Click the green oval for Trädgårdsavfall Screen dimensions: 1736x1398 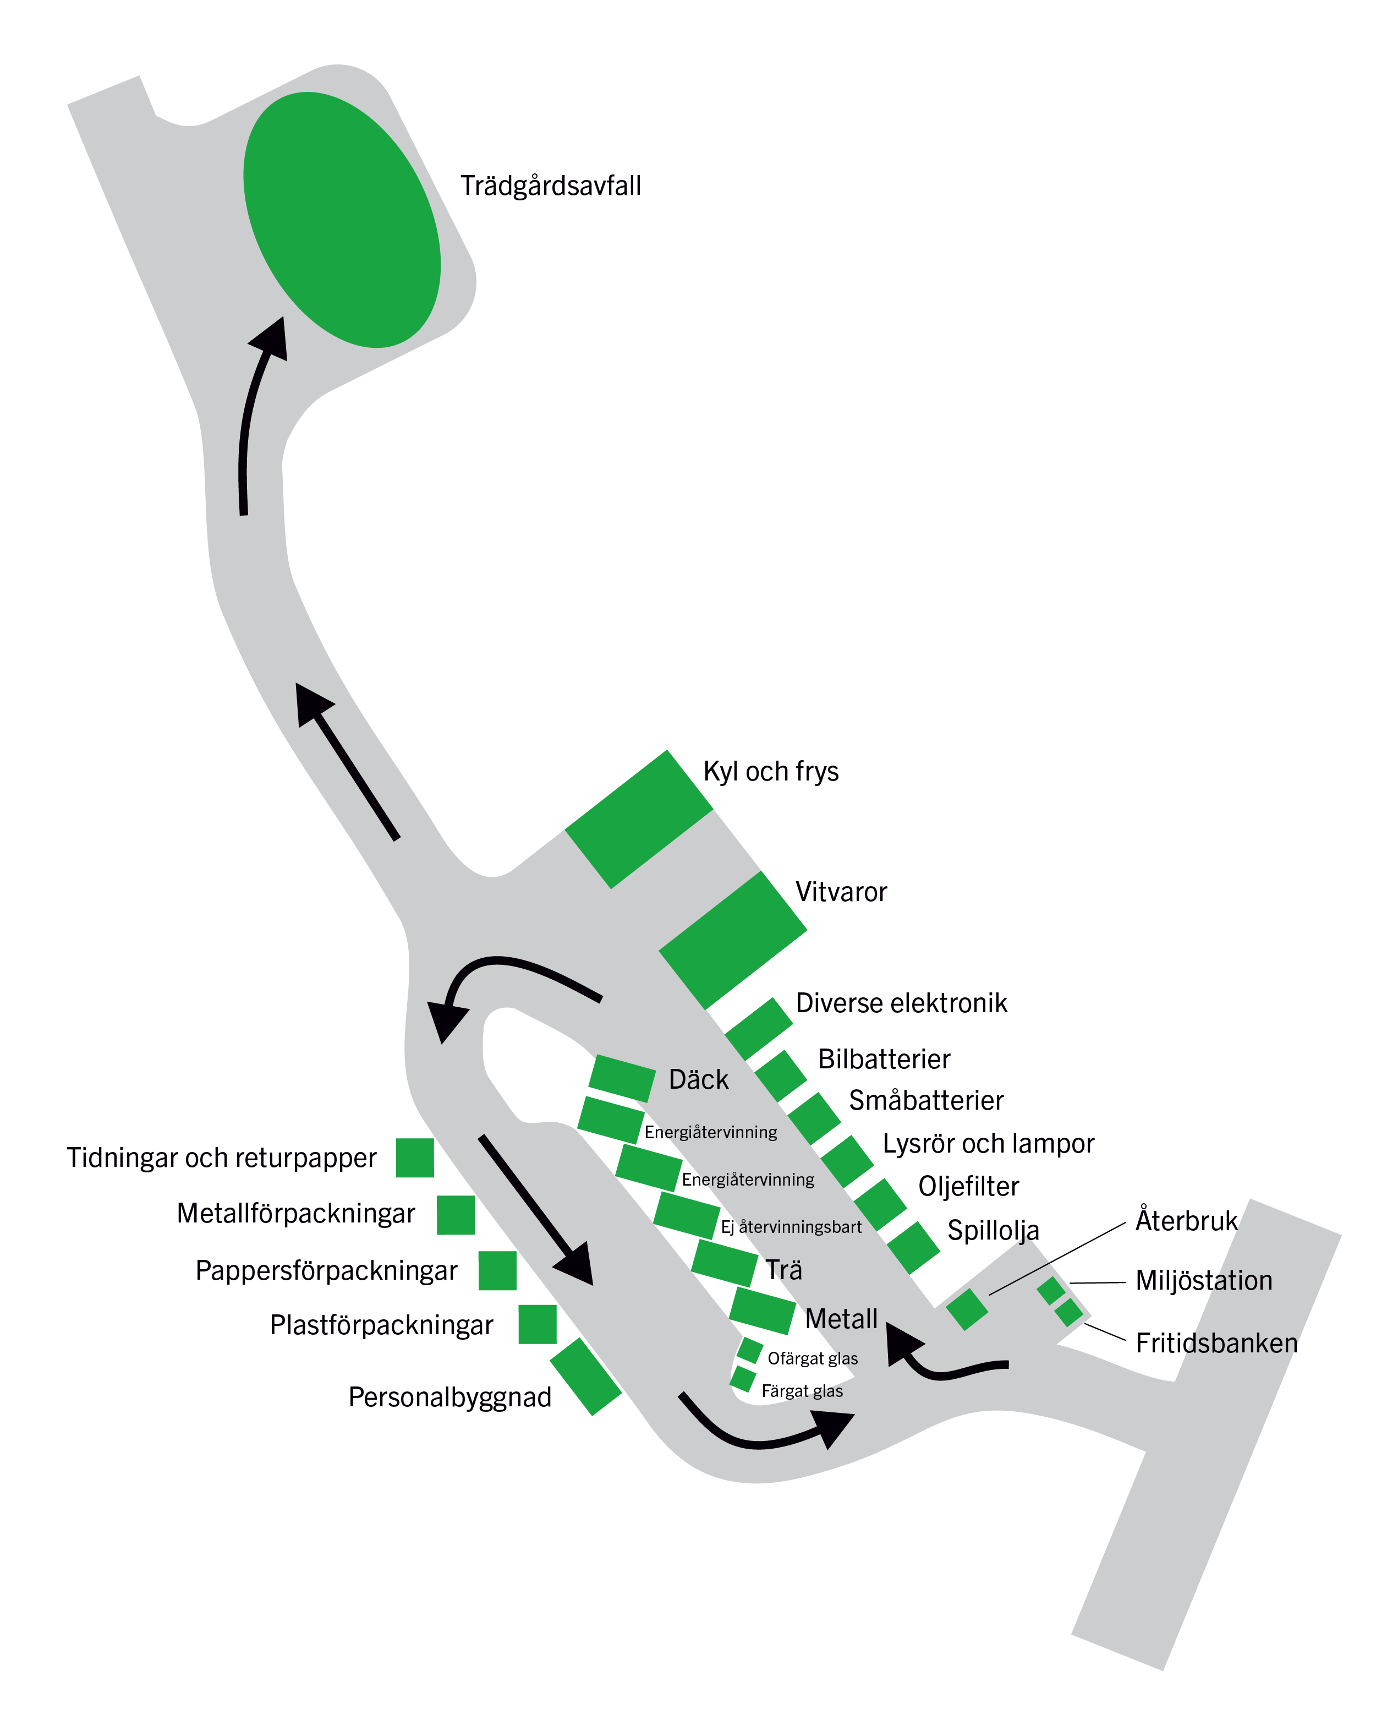[342, 219]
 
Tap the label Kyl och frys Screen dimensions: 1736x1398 [771, 771]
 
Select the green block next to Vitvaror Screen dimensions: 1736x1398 [732, 940]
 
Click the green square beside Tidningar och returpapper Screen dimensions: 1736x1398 [415, 1158]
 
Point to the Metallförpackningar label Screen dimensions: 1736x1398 [295, 1213]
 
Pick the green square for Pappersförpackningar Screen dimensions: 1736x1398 [497, 1270]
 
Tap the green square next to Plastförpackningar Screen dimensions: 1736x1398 [537, 1324]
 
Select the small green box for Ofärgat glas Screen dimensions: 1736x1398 [750, 1350]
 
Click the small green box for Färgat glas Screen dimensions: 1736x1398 [743, 1378]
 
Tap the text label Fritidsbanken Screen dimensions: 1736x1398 [1216, 1343]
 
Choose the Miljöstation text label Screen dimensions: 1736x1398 [1203, 1280]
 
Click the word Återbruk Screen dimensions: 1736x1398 [1186, 1220]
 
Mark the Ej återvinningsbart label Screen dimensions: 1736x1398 [791, 1227]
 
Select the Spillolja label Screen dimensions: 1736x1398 [993, 1230]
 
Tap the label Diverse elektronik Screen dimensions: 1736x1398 [901, 1003]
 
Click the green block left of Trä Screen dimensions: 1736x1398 [724, 1262]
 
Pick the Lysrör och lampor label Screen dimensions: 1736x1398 [988, 1143]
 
